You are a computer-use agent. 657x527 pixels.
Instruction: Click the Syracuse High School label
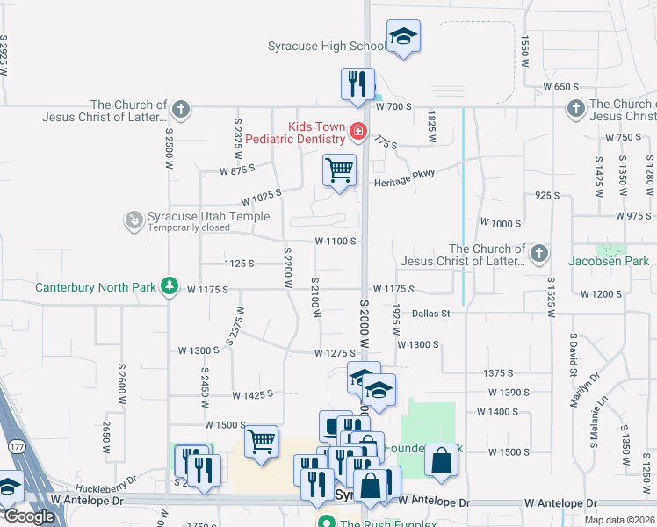click(x=326, y=46)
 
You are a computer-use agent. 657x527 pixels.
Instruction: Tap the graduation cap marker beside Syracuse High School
click(x=403, y=37)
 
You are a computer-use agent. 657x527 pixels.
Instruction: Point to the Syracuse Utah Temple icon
click(x=134, y=219)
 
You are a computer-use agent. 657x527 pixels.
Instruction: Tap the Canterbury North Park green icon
click(x=170, y=287)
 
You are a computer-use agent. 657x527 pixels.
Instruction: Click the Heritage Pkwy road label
click(x=405, y=182)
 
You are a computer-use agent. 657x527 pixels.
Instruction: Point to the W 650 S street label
click(x=561, y=87)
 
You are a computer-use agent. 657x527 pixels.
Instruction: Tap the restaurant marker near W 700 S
click(x=357, y=85)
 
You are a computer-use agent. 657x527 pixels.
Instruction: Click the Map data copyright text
click(x=618, y=520)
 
